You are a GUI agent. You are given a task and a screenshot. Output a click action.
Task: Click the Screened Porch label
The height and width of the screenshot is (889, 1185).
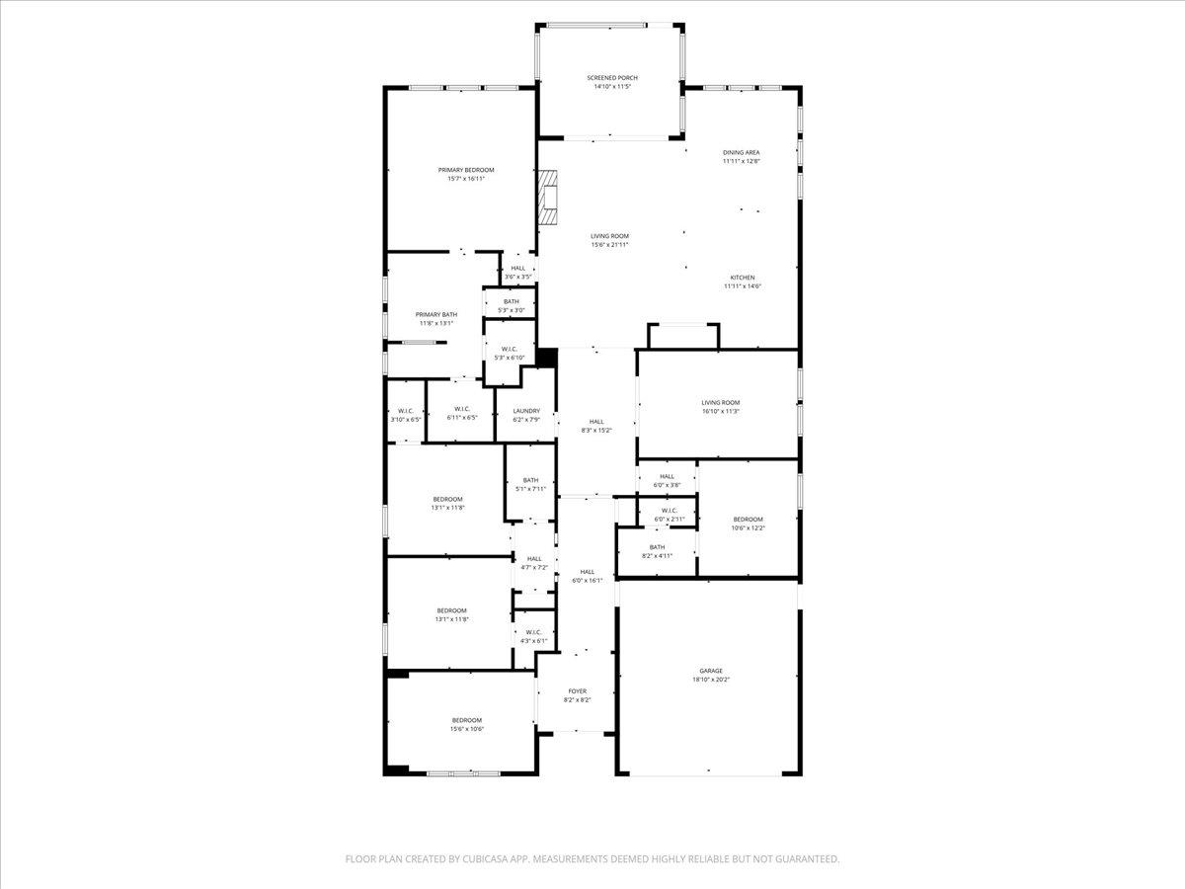coord(612,78)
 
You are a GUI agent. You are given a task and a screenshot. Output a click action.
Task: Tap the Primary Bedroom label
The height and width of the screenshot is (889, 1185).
coord(466,170)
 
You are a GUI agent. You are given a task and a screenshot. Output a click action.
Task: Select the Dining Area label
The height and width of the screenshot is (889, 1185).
coord(741,152)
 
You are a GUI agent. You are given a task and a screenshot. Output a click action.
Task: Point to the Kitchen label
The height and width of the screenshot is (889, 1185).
coord(743,278)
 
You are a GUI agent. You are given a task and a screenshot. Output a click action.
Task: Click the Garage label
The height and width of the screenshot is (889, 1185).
coord(711,671)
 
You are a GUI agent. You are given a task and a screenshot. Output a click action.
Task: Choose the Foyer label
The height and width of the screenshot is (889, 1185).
coord(577,691)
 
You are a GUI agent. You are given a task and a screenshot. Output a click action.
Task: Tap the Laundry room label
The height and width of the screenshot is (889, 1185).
coord(526,411)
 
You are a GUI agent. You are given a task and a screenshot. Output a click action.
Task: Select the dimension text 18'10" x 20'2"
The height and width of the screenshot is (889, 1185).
coord(711,680)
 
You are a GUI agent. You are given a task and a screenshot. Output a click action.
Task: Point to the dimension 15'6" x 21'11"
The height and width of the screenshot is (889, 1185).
coord(610,245)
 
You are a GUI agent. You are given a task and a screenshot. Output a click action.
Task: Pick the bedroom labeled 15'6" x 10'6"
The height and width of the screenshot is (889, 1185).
coord(467,724)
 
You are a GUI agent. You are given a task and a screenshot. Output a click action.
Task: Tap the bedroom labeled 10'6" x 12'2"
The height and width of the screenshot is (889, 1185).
coord(748,524)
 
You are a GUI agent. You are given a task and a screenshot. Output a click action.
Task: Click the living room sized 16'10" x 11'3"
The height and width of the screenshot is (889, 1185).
coord(720,407)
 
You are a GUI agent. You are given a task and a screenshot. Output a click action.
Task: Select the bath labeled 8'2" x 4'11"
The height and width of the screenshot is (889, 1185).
coord(657,551)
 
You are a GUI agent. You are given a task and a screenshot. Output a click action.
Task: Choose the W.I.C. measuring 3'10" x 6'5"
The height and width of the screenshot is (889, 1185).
coord(405,415)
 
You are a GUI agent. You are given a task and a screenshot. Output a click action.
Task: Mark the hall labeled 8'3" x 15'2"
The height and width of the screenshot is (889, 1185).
coord(596,426)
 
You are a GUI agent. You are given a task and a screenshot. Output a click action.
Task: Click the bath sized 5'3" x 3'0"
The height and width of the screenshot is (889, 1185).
coord(511,306)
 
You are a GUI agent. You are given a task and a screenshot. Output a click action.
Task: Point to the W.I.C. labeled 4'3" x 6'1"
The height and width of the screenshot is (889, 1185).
coord(533,636)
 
